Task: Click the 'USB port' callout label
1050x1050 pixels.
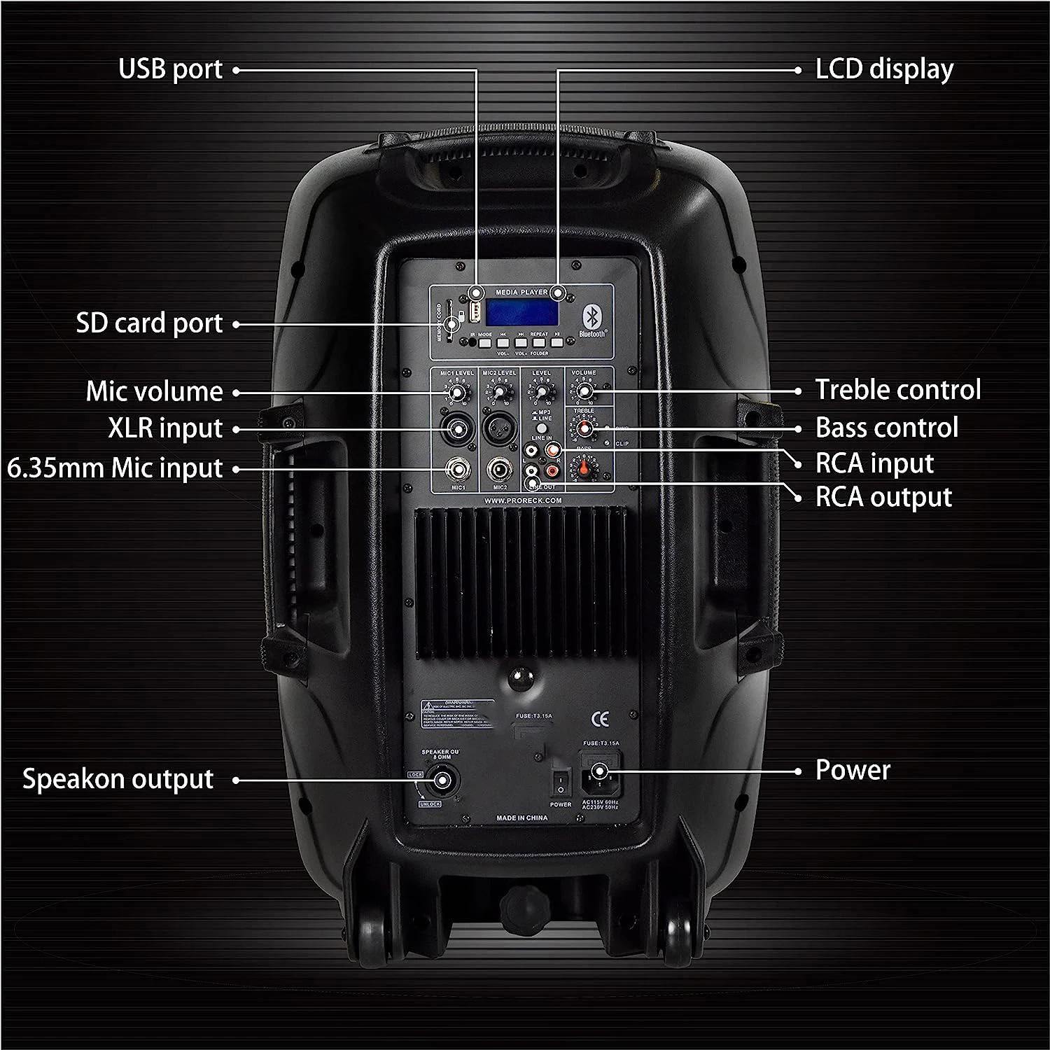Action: [x=170, y=69]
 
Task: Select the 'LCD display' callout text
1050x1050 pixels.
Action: [x=884, y=69]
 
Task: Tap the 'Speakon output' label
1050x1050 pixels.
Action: [x=118, y=779]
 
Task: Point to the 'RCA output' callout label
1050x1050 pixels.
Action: [x=883, y=498]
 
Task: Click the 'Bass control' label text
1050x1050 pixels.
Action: [x=886, y=428]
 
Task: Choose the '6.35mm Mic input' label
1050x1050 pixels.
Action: [x=115, y=468]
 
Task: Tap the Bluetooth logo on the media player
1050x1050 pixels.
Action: [x=590, y=319]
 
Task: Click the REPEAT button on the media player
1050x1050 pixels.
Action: [x=539, y=343]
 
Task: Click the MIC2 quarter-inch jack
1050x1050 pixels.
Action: [x=499, y=467]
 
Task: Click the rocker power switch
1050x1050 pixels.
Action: [x=560, y=782]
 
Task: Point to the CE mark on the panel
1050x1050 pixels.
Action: [x=601, y=718]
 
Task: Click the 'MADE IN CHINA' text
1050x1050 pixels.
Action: [x=521, y=818]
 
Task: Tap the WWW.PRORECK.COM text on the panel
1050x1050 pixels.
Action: [x=522, y=500]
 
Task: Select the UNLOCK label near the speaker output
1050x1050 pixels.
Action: [x=430, y=804]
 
